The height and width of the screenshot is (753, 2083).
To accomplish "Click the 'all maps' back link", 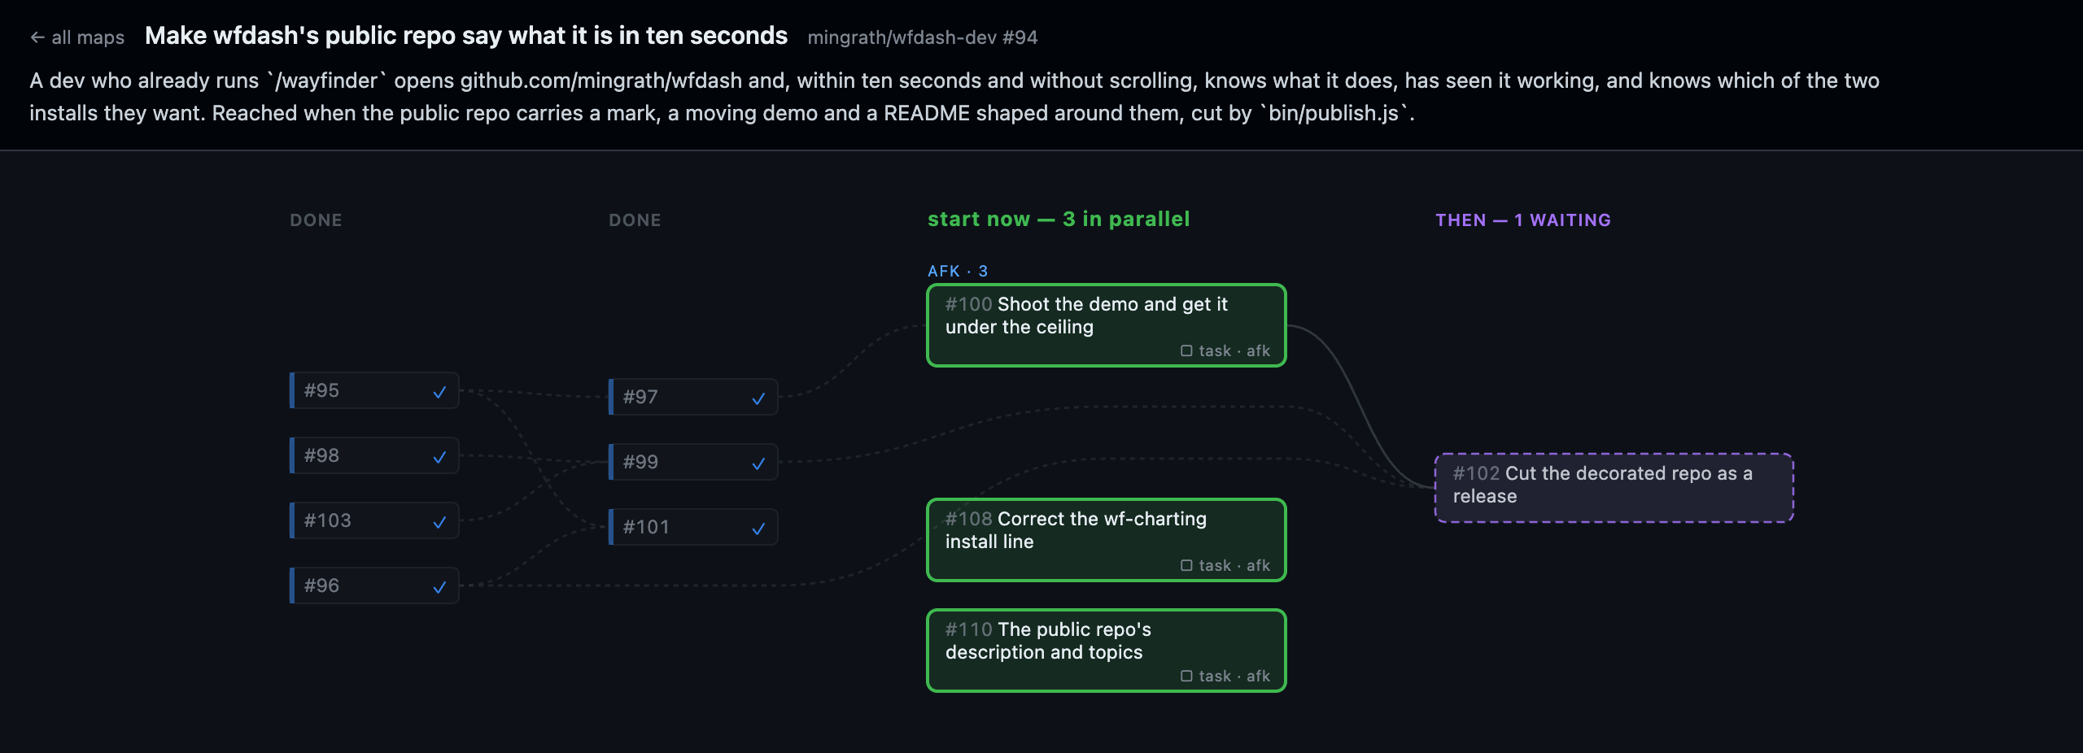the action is click(x=77, y=37).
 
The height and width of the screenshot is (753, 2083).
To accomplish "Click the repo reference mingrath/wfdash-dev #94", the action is click(x=922, y=37).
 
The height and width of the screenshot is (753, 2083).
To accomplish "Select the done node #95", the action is click(x=374, y=390).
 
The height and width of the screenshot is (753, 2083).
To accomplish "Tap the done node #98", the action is click(x=374, y=455).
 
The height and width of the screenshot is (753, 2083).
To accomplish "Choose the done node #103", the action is click(x=374, y=520).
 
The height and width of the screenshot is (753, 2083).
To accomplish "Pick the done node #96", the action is click(x=374, y=585).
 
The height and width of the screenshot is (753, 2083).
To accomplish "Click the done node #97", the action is click(x=693, y=397).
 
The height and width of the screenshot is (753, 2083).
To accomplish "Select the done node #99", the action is click(x=693, y=462).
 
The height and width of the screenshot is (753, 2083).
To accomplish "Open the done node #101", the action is click(x=693, y=527).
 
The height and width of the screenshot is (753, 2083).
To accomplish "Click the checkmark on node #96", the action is click(x=439, y=586).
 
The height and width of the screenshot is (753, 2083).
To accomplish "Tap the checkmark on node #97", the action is click(x=758, y=398).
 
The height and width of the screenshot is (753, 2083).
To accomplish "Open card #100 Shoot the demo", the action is click(x=1107, y=325).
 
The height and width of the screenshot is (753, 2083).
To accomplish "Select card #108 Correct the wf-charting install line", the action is click(x=1107, y=540).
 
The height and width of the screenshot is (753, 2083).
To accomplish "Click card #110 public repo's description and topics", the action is click(x=1107, y=651).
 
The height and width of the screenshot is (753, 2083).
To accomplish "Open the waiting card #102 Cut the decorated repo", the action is click(x=1614, y=488).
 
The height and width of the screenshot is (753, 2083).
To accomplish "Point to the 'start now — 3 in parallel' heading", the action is click(x=1059, y=220).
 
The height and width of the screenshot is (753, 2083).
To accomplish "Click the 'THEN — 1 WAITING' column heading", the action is click(x=1523, y=220).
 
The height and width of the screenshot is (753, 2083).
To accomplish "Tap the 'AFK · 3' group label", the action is click(x=958, y=271).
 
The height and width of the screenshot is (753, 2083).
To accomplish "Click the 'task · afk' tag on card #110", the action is click(x=1225, y=676).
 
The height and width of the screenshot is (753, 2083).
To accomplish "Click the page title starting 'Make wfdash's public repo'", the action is click(x=466, y=36).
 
